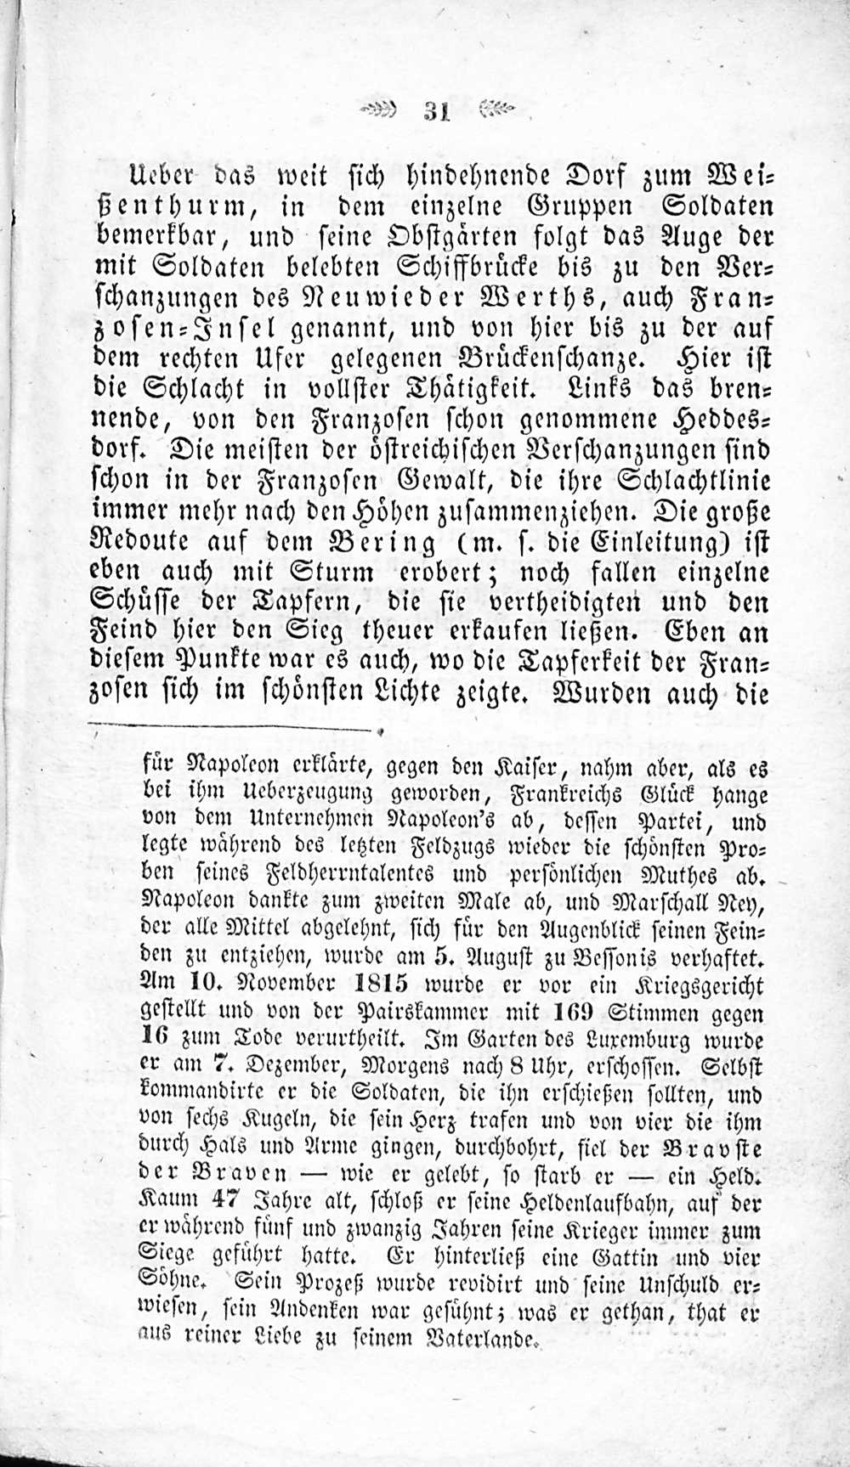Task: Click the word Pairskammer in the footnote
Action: click(424, 1013)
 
